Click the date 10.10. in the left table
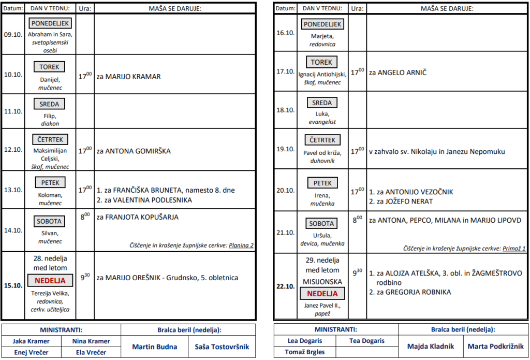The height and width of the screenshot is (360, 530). (13, 75)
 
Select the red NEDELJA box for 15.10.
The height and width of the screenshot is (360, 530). (50, 281)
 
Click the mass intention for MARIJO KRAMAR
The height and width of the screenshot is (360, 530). (129, 77)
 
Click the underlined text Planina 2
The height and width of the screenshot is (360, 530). (241, 245)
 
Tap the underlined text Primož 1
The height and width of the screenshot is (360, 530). (513, 249)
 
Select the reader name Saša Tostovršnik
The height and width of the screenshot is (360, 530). (222, 347)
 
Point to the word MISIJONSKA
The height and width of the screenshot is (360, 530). (323, 282)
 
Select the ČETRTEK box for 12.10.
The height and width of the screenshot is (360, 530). (50, 139)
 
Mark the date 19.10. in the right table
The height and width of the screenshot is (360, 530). (285, 149)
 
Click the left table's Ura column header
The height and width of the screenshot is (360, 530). (85, 8)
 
